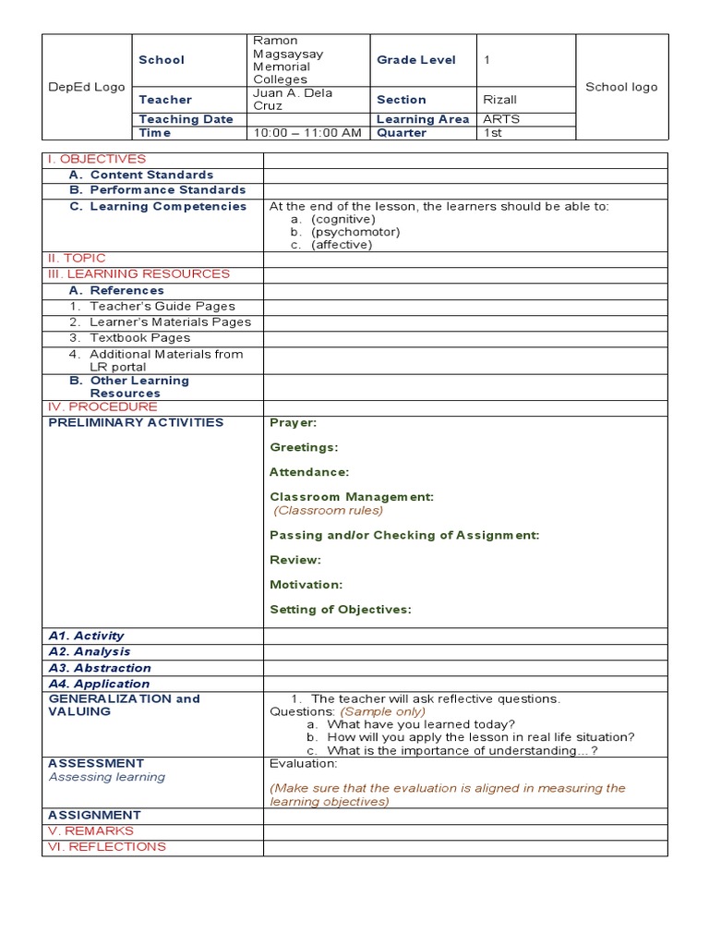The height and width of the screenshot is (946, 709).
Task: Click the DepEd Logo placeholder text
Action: (87, 87)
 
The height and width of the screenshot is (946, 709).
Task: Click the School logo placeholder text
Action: (621, 87)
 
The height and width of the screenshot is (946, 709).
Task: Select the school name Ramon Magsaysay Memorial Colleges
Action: (288, 60)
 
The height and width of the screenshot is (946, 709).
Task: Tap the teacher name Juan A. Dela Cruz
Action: (293, 99)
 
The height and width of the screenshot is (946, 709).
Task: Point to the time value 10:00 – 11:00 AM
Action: (307, 133)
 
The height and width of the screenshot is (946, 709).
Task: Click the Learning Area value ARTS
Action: (501, 119)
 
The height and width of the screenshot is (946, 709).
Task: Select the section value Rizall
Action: (501, 99)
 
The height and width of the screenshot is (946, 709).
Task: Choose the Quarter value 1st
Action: (493, 133)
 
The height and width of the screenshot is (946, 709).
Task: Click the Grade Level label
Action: (416, 60)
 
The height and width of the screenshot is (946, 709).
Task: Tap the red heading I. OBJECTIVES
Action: (97, 159)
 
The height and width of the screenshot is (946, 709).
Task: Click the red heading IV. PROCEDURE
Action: (102, 406)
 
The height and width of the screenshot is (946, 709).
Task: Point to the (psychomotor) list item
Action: (355, 232)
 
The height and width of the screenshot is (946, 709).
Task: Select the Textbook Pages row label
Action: (139, 338)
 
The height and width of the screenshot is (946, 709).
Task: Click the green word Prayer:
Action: (293, 422)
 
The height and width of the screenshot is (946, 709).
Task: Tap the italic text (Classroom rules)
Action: (329, 510)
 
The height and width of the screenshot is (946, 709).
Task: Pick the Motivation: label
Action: (306, 585)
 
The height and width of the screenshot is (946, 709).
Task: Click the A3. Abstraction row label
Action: (100, 668)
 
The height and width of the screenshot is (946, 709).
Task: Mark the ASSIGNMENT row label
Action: (94, 815)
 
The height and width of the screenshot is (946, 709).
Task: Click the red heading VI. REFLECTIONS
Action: (107, 846)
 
